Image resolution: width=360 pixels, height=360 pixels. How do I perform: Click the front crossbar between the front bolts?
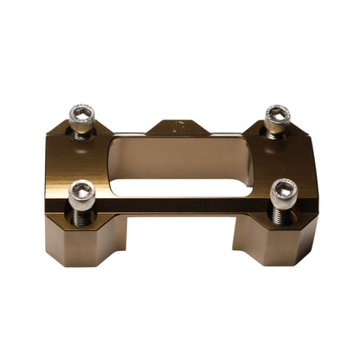click(182, 206)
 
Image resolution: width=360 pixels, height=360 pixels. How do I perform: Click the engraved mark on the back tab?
click(179, 125)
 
